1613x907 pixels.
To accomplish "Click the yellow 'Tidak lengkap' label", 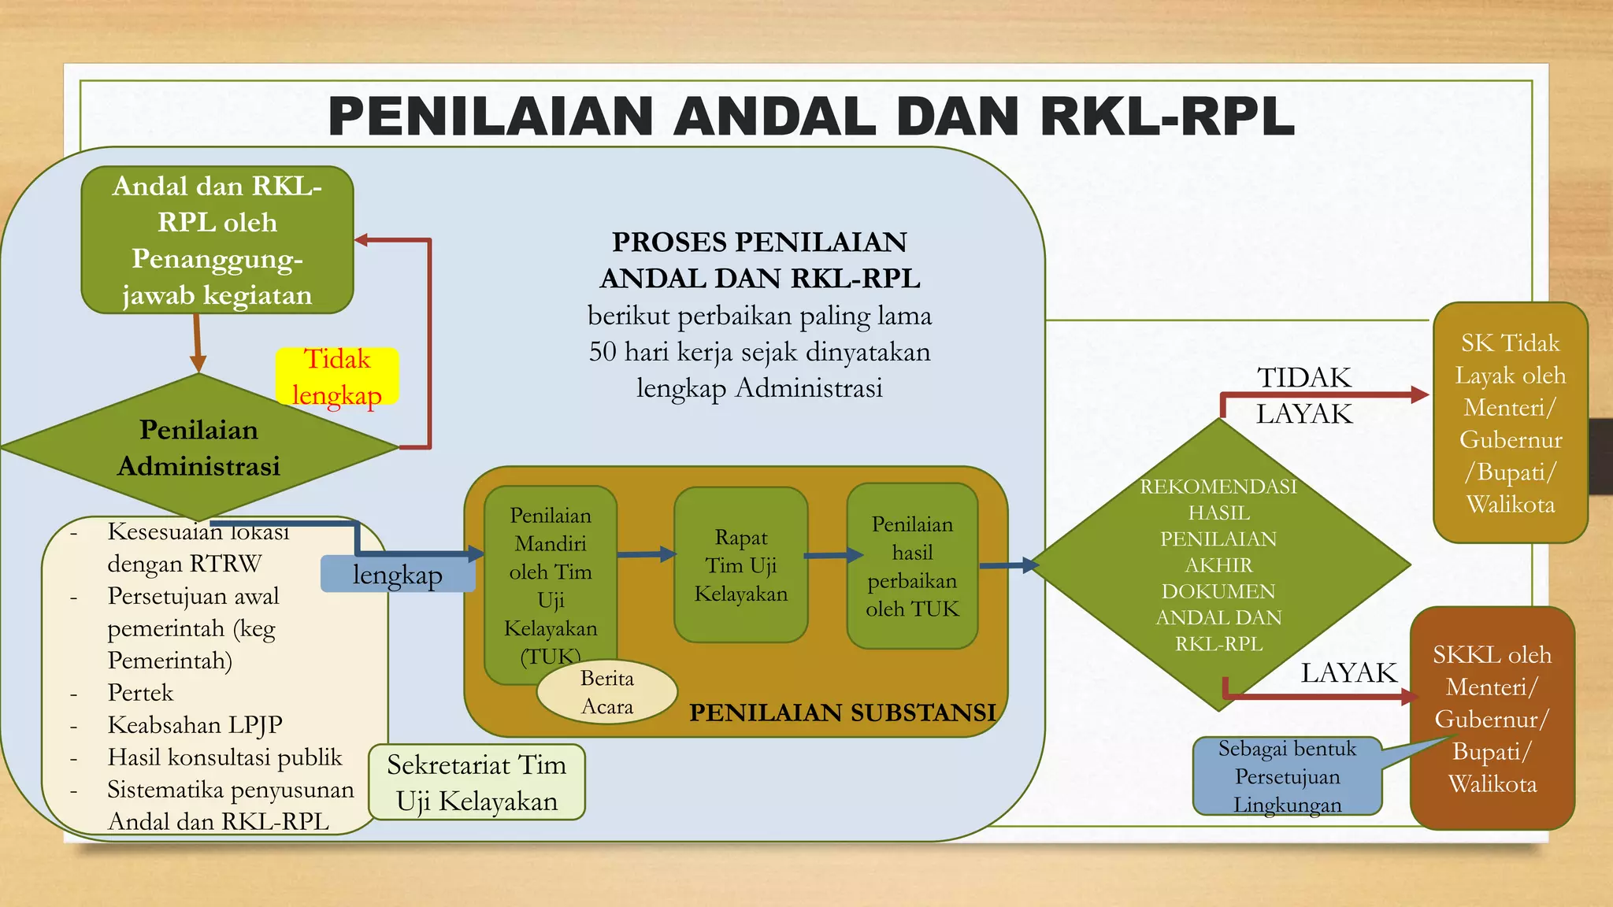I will pyautogui.click(x=337, y=376).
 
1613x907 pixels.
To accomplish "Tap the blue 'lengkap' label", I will pyautogui.click(x=398, y=575).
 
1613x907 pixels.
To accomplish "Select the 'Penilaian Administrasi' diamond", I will pyautogui.click(x=198, y=447).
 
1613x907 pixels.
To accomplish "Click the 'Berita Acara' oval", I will pyautogui.click(x=606, y=692).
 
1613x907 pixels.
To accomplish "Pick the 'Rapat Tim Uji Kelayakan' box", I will pyautogui.click(x=740, y=565).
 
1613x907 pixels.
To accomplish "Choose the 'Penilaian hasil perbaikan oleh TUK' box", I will pyautogui.click(x=912, y=566).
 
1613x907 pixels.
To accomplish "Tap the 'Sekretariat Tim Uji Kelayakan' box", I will pyautogui.click(x=476, y=783).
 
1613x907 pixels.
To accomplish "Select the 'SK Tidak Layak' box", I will pyautogui.click(x=1510, y=423).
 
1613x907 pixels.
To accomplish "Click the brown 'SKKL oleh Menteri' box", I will pyautogui.click(x=1492, y=718).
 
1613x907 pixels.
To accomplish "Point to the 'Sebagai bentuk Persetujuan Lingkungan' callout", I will pyautogui.click(x=1287, y=776).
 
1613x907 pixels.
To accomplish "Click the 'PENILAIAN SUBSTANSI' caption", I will pyautogui.click(x=842, y=713).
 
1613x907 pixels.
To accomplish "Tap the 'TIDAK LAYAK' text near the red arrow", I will pyautogui.click(x=1303, y=395).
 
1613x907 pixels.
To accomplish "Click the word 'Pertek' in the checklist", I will pyautogui.click(x=140, y=693).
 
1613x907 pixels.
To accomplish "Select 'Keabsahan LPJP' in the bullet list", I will pyautogui.click(x=195, y=724).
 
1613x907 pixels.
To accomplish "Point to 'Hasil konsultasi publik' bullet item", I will pyautogui.click(x=224, y=757).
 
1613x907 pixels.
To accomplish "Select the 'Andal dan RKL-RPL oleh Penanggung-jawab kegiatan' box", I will pyautogui.click(x=217, y=240).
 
